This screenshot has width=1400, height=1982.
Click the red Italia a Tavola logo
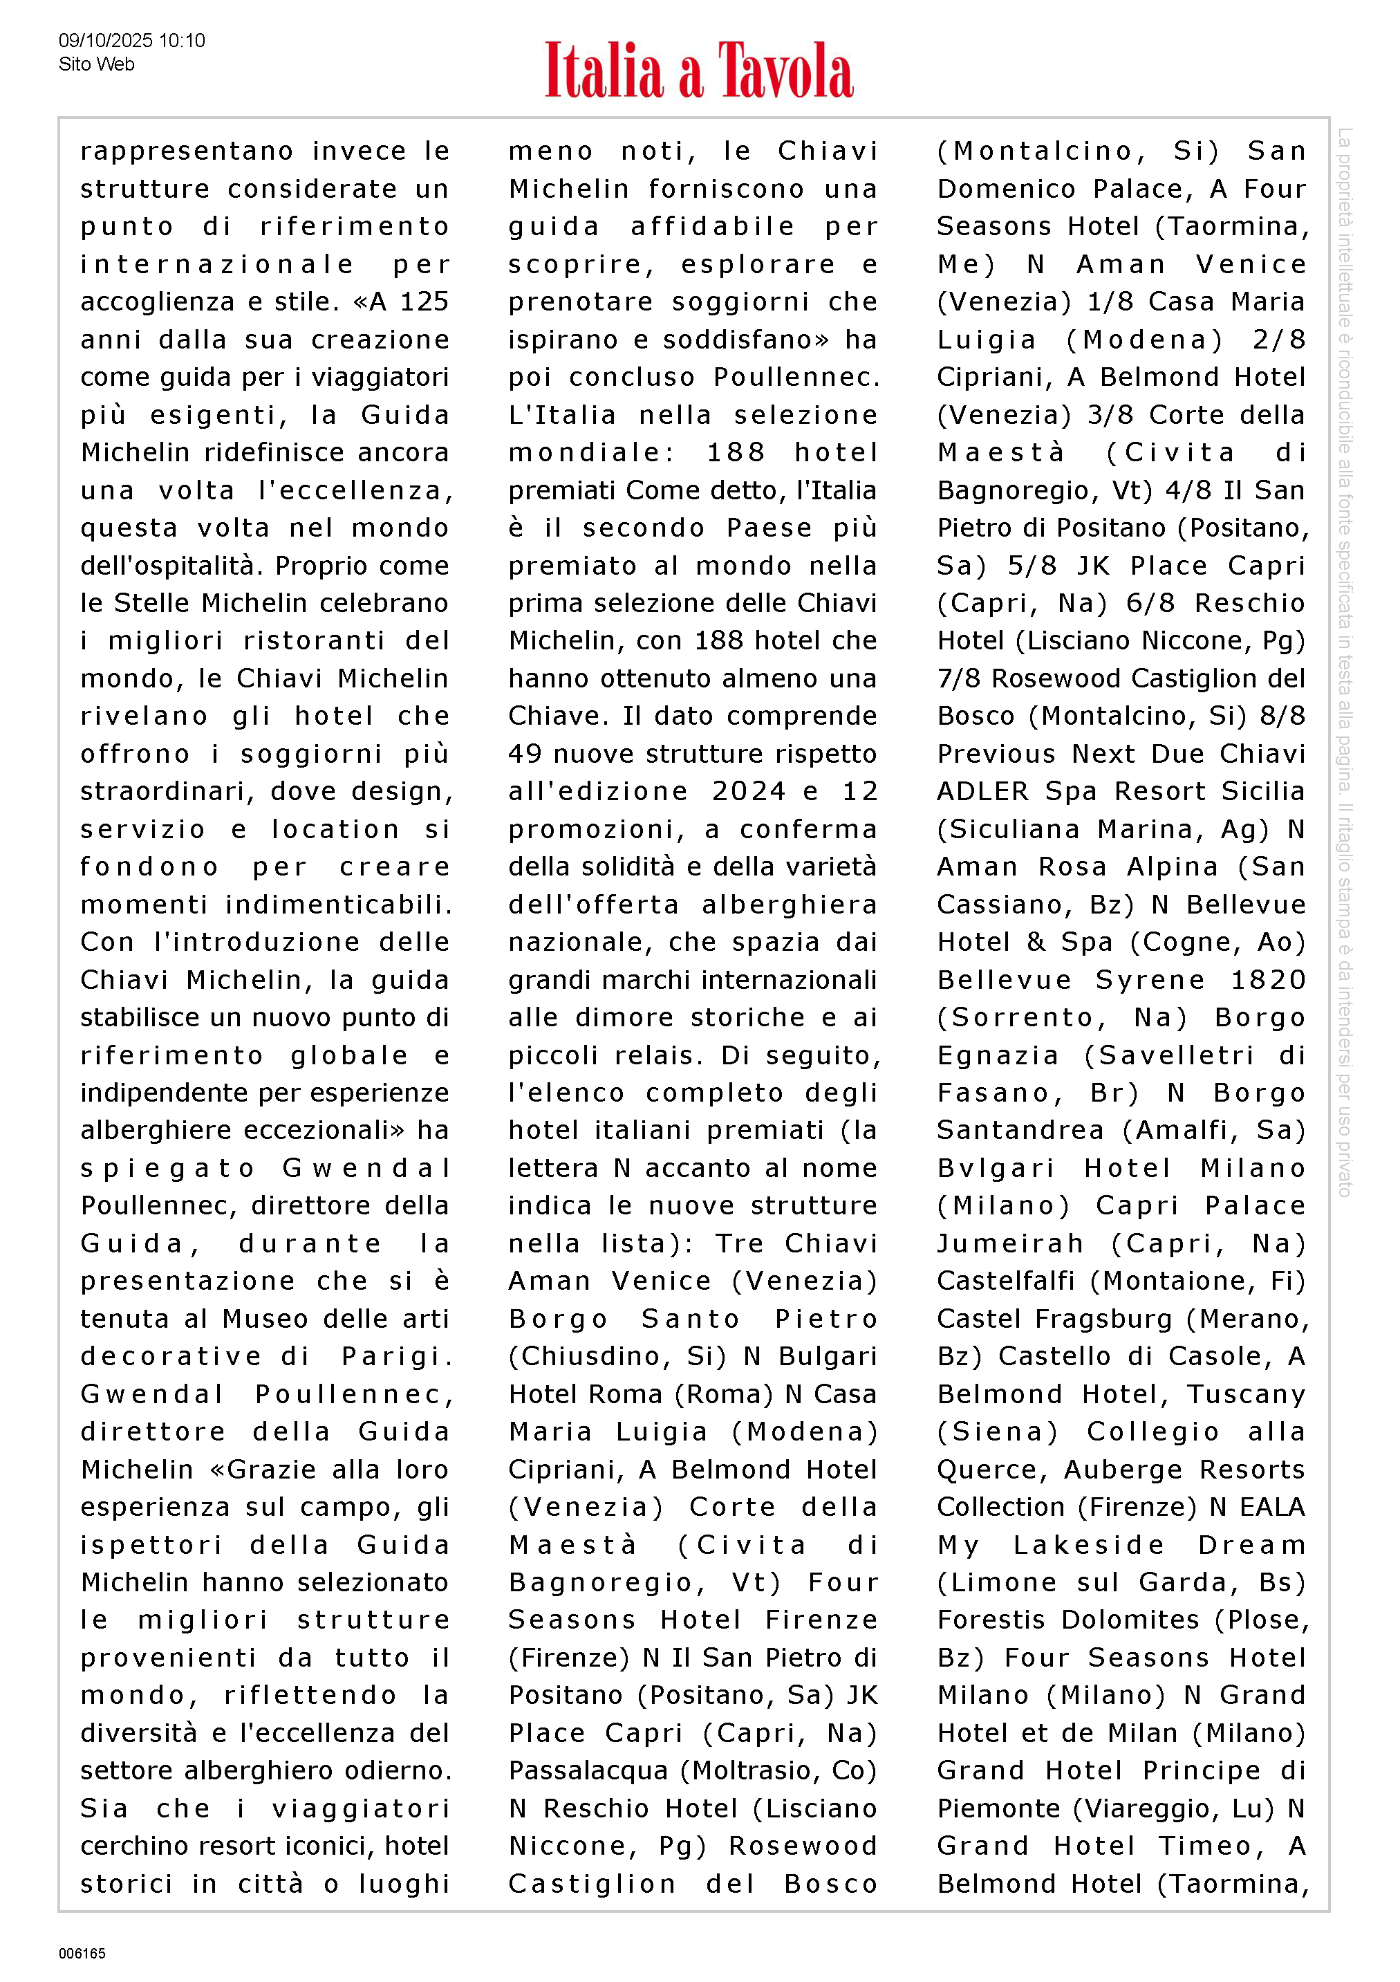pos(698,70)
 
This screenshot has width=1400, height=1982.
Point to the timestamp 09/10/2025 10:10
pos(131,41)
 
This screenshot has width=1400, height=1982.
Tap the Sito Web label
pos(97,64)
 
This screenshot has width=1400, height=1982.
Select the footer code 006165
pos(82,1954)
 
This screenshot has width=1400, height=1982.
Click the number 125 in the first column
pos(424,302)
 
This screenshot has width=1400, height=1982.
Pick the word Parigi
pos(396,1356)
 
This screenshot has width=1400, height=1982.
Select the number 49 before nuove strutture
pos(525,754)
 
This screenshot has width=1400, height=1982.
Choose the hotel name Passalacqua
pos(588,1770)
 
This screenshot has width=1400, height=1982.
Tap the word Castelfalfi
pos(1005,1281)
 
